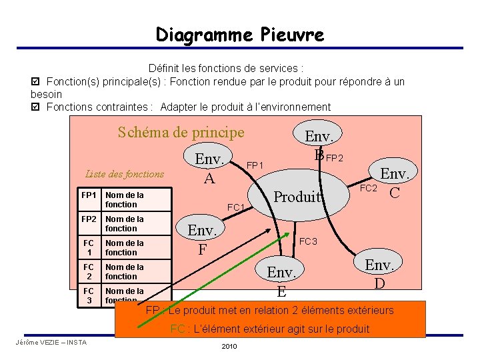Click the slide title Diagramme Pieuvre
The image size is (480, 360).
(x=240, y=34)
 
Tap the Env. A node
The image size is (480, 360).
(x=209, y=167)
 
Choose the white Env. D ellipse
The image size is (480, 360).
(x=379, y=272)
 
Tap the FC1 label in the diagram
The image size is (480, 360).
(x=236, y=207)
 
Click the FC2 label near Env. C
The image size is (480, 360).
(x=369, y=189)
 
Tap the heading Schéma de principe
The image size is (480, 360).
(x=181, y=132)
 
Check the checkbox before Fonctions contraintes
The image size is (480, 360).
(x=35, y=107)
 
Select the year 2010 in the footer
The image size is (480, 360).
(x=229, y=347)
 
